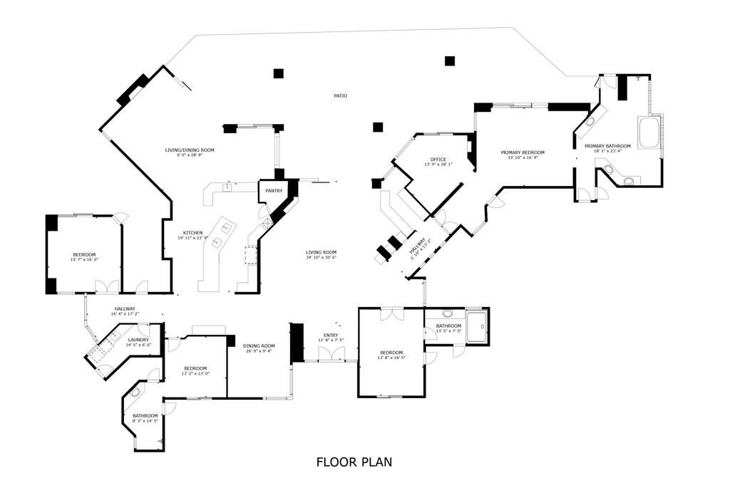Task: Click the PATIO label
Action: pyautogui.click(x=341, y=95)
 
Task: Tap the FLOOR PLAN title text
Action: pyautogui.click(x=354, y=462)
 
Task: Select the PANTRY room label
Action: pyautogui.click(x=274, y=191)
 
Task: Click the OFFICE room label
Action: pyautogui.click(x=438, y=159)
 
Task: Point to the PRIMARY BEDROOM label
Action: pyautogui.click(x=522, y=152)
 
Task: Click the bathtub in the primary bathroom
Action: pyautogui.click(x=650, y=133)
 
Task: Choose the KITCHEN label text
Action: pyautogui.click(x=192, y=233)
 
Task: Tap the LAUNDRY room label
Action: pyautogui.click(x=138, y=340)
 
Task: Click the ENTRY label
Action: pyautogui.click(x=331, y=335)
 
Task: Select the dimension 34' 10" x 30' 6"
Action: pyautogui.click(x=321, y=257)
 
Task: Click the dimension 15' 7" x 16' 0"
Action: pyautogui.click(x=83, y=260)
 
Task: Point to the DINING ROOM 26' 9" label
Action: pyautogui.click(x=259, y=346)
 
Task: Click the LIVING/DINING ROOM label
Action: pyautogui.click(x=190, y=150)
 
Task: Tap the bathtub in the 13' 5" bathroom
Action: pyautogui.click(x=477, y=326)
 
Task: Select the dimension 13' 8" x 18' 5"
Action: pyautogui.click(x=391, y=358)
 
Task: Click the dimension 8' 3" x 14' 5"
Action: pyautogui.click(x=145, y=421)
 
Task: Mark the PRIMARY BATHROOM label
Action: pyautogui.click(x=607, y=146)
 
